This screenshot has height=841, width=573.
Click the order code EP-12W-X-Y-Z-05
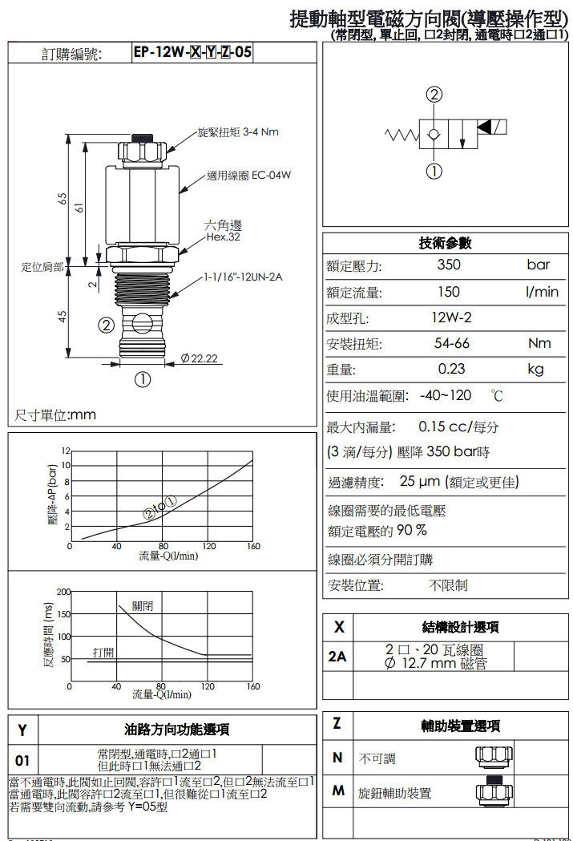192,53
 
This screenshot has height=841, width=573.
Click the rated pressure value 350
449,265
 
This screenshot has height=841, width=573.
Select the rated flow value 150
449,292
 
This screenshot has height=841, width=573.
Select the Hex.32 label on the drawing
222,237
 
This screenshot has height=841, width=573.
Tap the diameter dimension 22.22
200,358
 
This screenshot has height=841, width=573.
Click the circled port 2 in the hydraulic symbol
434,95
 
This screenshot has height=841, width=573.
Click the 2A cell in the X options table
337,657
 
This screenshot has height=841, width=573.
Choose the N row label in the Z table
337,758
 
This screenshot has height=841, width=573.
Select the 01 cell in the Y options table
22,759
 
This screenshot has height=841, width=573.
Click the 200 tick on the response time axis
63,592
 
